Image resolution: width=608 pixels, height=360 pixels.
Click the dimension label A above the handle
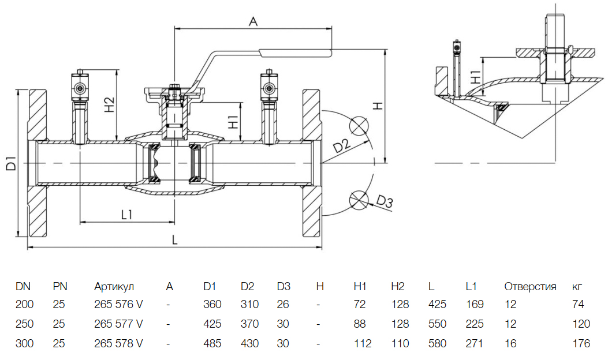click(x=252, y=21)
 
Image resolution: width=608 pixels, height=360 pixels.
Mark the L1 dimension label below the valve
click(x=127, y=215)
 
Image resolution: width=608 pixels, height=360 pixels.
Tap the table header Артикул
click(x=114, y=287)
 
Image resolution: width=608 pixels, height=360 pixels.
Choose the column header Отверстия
click(x=530, y=287)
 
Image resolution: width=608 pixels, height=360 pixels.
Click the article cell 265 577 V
click(x=118, y=324)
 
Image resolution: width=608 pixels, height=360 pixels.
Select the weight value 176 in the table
click(x=581, y=344)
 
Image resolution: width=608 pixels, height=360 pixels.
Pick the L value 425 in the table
click(x=438, y=305)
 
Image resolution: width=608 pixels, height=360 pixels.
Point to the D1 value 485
click(x=212, y=344)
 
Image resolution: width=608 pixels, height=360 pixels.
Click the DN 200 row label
click(x=24, y=305)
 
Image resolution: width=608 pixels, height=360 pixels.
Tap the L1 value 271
click(x=475, y=344)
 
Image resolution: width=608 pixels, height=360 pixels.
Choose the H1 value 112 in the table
click(x=363, y=344)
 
